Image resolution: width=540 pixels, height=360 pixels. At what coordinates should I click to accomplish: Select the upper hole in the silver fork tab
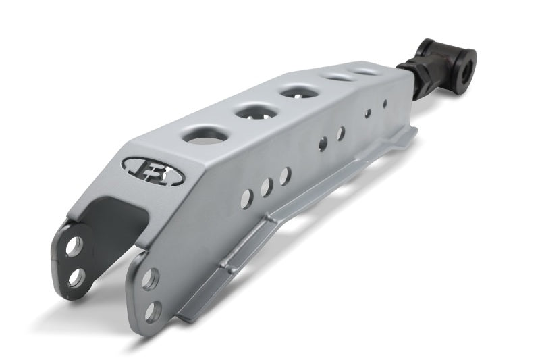151,279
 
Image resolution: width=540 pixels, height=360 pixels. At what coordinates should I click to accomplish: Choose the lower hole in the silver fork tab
153,310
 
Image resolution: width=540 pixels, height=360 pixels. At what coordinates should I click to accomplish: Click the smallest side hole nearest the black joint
385,104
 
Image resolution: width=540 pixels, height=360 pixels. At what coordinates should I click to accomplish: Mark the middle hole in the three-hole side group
266,187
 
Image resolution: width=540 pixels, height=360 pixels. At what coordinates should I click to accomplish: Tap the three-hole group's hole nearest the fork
247,197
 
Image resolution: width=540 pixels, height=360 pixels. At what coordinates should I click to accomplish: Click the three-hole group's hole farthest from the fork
285,176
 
